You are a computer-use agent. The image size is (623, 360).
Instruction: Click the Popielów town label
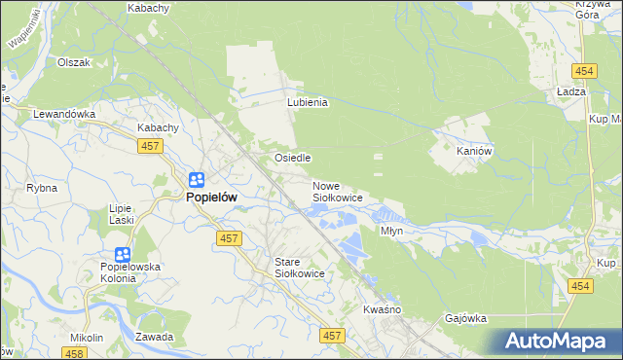click(211, 197)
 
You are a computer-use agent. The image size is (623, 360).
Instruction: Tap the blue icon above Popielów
click(196, 180)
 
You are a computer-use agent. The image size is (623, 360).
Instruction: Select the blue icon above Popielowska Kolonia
click(123, 254)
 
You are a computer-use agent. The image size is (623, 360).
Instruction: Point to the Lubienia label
click(308, 102)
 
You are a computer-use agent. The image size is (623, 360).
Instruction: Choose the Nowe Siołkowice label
click(337, 192)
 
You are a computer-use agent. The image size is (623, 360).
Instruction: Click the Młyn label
click(392, 232)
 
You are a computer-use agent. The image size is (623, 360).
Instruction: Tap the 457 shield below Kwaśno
click(333, 335)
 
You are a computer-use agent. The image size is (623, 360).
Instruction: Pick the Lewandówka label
click(64, 114)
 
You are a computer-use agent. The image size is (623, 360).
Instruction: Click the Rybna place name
click(42, 188)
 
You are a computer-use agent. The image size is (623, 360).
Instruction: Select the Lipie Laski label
click(121, 214)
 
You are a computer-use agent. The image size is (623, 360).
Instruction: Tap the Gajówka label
click(465, 318)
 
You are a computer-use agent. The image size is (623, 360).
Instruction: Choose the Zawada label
click(155, 338)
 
